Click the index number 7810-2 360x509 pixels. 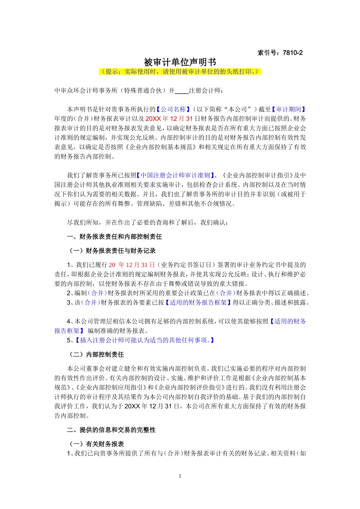pos(280,53)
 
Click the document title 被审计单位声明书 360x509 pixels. pos(180,62)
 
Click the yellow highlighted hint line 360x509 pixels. pos(180,72)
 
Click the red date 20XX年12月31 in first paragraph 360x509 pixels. pos(169,119)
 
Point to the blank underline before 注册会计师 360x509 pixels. pos(182,91)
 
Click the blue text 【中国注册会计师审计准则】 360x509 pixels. pos(175,175)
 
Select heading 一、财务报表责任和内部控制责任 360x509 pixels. pos(114,237)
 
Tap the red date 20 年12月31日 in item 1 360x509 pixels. pos(132,265)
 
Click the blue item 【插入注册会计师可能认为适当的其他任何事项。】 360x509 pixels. pos(146,340)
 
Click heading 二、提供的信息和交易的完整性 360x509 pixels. pos(111,430)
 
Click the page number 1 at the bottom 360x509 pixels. pos(180,476)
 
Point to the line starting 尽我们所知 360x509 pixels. pos(148,223)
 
